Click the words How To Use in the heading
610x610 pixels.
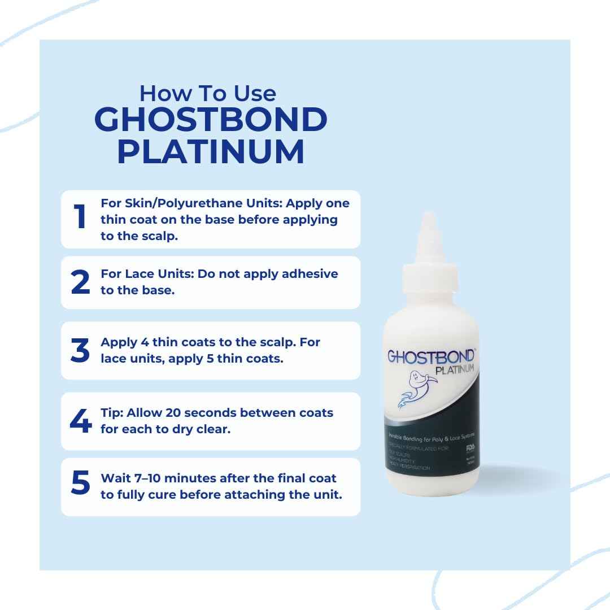point(208,93)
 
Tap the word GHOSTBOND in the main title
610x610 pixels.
point(211,120)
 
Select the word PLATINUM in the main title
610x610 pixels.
point(211,152)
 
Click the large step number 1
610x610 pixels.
point(81,219)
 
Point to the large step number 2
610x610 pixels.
point(81,282)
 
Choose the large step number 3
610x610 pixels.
point(81,351)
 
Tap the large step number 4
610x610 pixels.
point(81,421)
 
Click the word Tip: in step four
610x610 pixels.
point(112,413)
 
